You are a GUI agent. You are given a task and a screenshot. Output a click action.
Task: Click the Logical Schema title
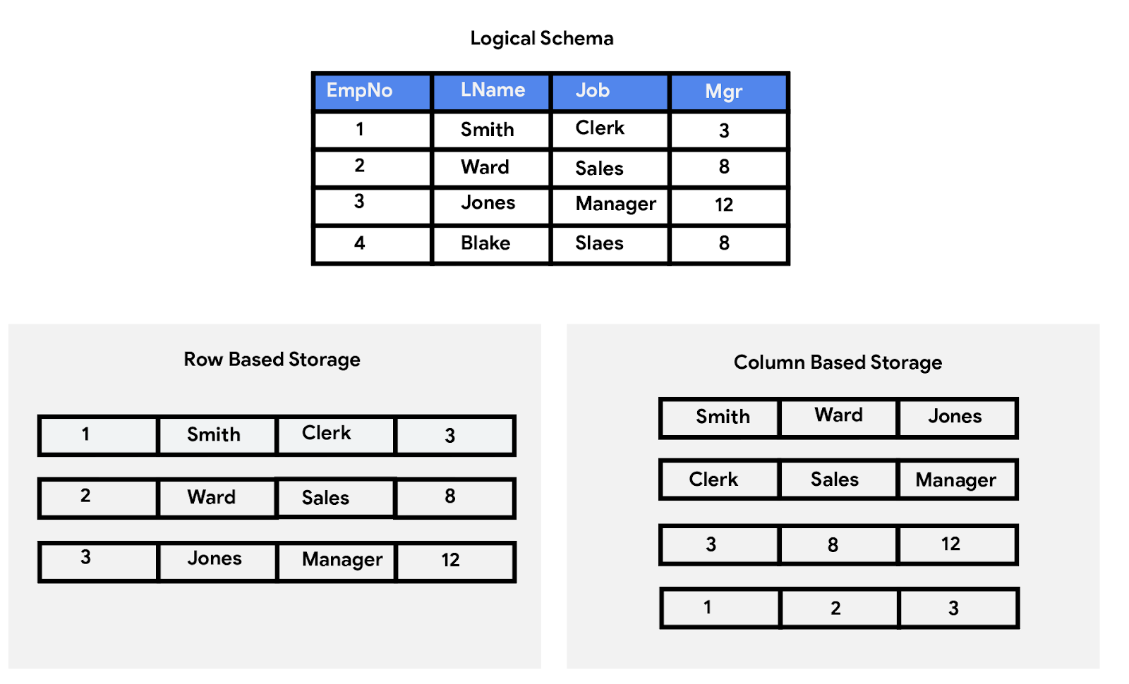coord(541,38)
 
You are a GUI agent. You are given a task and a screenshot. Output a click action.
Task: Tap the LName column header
coord(493,90)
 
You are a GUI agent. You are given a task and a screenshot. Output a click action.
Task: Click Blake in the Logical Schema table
coord(485,243)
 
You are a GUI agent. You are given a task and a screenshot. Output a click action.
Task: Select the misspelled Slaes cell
coord(599,243)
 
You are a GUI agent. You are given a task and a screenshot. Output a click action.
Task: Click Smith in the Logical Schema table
coord(487,130)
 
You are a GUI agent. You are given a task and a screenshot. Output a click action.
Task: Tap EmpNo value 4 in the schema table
coord(359,243)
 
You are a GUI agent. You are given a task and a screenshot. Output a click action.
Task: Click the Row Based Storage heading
coord(272,360)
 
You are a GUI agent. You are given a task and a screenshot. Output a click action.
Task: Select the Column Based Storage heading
coord(838,362)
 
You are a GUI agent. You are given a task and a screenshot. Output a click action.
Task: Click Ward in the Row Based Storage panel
coord(212,497)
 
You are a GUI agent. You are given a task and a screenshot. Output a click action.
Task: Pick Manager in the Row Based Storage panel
coord(342,560)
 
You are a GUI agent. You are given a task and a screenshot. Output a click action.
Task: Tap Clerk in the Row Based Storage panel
coord(326,434)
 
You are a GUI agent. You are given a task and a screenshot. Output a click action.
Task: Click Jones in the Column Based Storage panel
coord(955,417)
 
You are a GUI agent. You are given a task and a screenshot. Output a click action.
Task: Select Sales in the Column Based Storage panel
coord(834,480)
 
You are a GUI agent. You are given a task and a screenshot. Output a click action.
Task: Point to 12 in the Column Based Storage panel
coord(950,544)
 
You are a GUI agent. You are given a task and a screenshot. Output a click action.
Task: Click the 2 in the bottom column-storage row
coord(835,609)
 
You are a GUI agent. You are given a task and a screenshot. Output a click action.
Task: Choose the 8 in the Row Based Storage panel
coord(450,496)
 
